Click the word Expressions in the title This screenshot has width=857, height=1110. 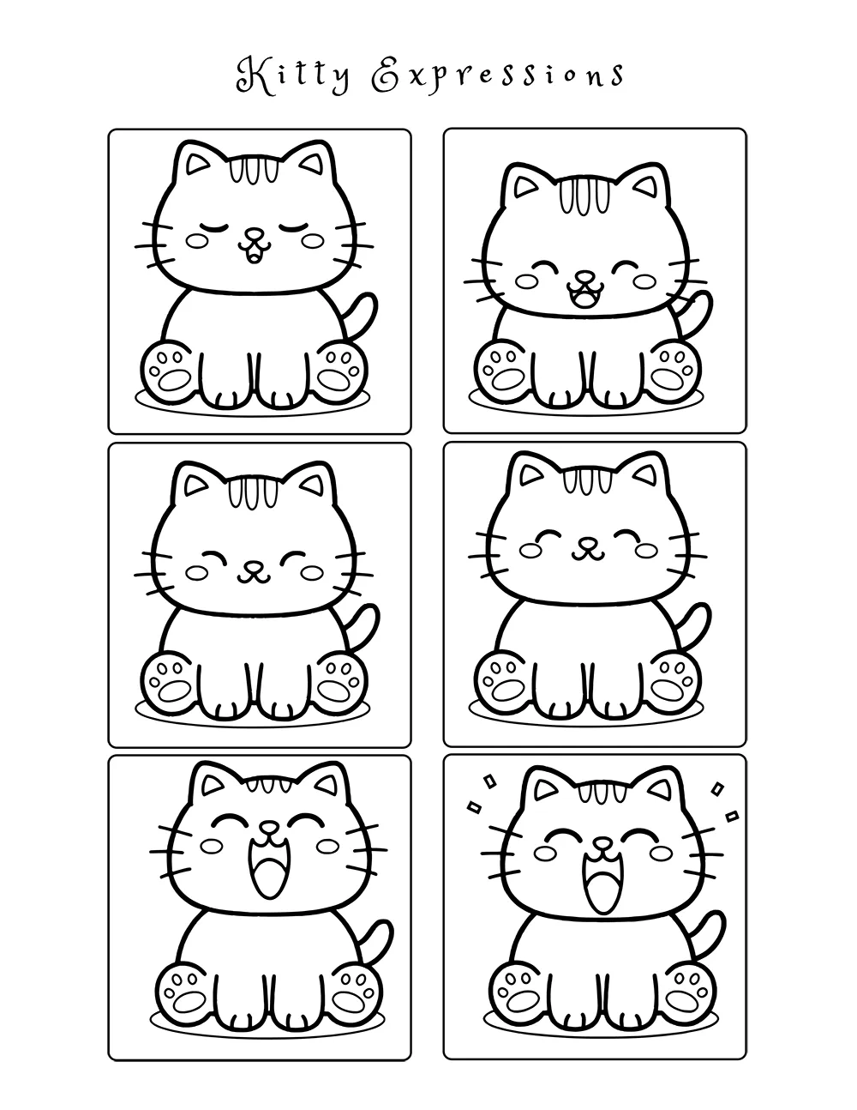click(497, 75)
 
